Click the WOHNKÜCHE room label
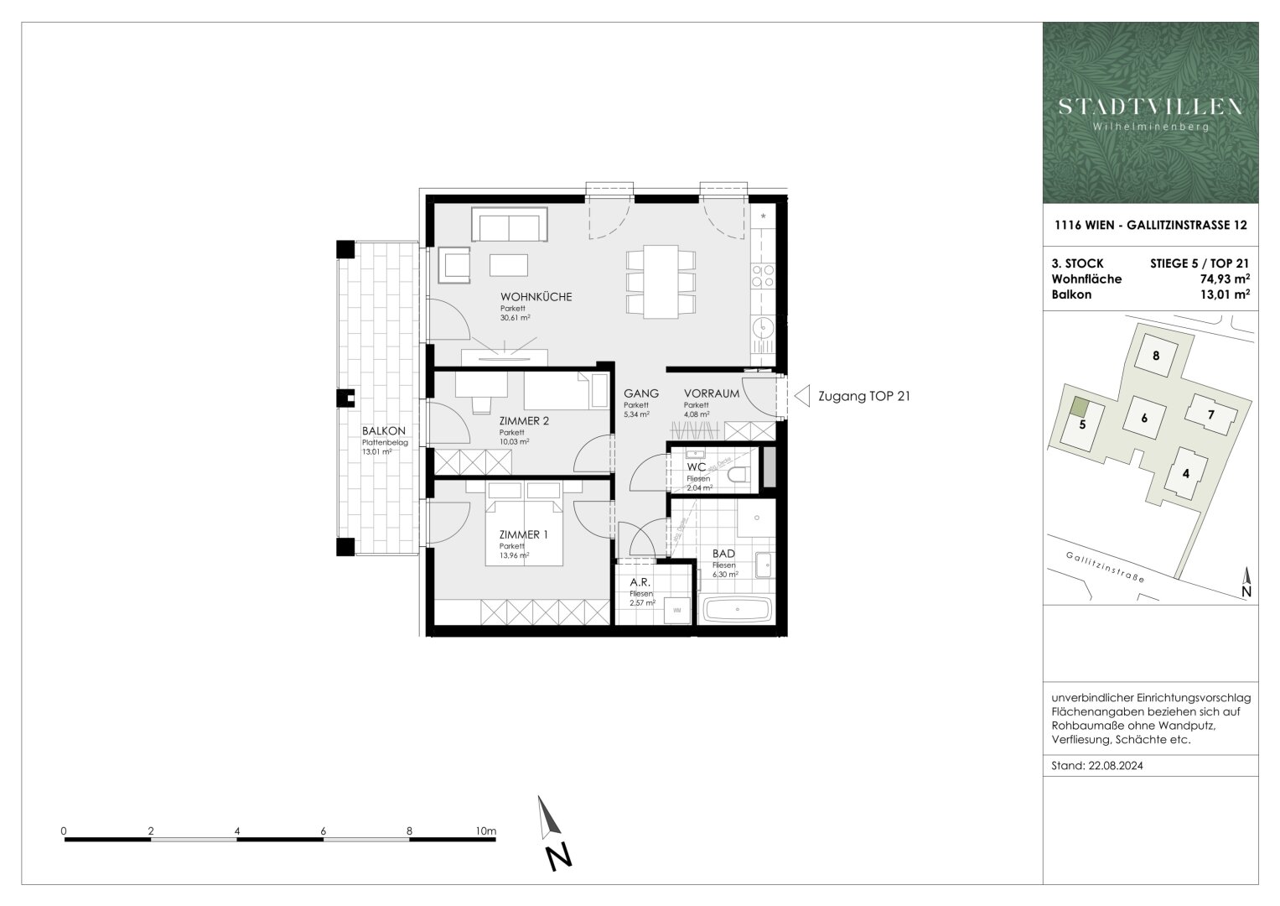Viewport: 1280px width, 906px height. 536,297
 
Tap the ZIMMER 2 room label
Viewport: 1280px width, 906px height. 524,420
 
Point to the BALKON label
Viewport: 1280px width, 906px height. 383,431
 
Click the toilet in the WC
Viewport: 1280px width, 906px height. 738,475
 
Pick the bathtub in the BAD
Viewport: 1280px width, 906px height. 737,609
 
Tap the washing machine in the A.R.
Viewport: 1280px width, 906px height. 676,611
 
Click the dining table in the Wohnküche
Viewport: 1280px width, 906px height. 661,282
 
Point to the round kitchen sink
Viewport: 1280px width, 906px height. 764,327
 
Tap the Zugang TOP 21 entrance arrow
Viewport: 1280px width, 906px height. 801,396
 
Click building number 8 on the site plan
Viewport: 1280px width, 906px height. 1156,355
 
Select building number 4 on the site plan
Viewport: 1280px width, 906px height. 1185,473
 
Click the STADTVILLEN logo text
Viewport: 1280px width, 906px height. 1150,107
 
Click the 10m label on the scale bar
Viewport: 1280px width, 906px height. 485,831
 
